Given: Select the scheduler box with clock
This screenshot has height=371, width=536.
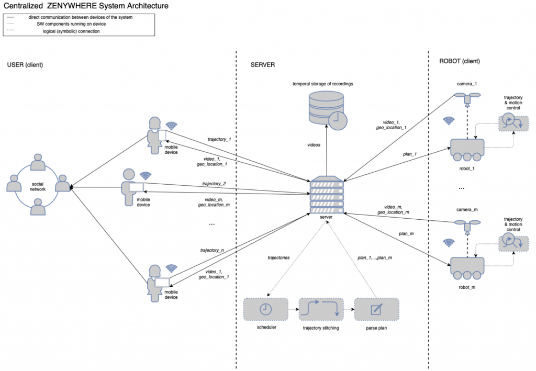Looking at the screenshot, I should (266, 310).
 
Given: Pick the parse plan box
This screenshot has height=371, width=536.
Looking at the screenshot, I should (376, 310).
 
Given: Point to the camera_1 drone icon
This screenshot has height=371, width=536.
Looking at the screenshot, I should (467, 97).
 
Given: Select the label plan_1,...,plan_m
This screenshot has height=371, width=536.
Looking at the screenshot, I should (375, 257).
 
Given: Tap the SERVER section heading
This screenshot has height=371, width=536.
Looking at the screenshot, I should (263, 65).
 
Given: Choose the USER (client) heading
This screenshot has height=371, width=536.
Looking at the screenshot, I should (25, 65).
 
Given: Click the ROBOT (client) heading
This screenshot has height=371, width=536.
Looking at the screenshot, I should (460, 61).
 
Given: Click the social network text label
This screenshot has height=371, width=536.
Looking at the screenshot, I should (37, 187).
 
